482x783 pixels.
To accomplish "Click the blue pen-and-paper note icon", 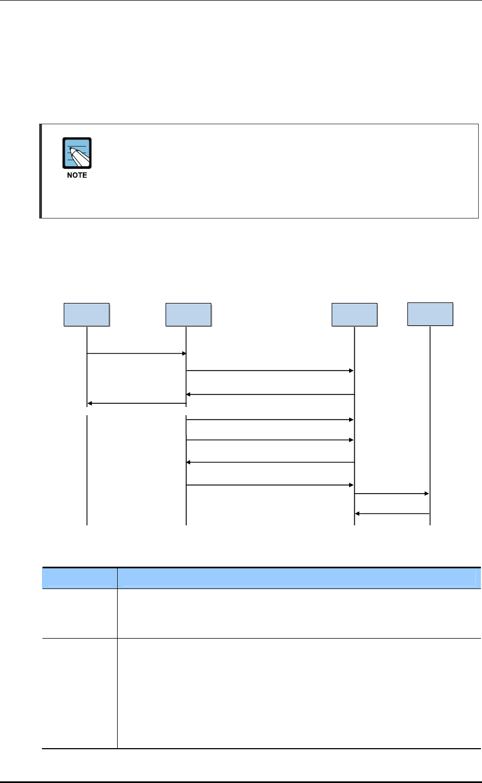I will pos(77,153).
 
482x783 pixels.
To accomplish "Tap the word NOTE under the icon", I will pos(77,175).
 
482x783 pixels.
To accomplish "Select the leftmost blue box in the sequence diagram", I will pos(87,314).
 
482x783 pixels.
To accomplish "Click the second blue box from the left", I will pos(188,314).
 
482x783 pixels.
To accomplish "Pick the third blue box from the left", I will pos(355,314).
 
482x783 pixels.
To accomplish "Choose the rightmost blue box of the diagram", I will pos(430,314).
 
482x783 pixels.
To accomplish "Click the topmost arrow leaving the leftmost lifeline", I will pos(136,354).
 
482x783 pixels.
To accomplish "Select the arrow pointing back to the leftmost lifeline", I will pos(136,404).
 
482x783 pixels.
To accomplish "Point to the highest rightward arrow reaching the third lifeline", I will pos(270,371).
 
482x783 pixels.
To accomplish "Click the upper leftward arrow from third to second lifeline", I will pos(270,394).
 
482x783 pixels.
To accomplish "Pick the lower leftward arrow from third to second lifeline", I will pos(270,463).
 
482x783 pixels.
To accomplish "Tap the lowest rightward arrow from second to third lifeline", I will pos(270,484).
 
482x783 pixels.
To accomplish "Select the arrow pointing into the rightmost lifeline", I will pos(392,494).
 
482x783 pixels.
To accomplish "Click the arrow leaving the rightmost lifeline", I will pos(392,514).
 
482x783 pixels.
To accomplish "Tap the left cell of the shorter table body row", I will pos(80,613).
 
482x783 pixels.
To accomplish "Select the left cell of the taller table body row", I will pos(80,693).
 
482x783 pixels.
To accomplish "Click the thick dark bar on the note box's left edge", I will pos(41,171).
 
